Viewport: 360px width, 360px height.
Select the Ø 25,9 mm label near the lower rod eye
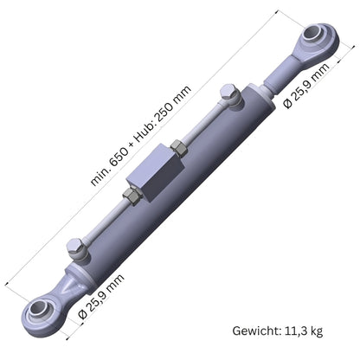tap(101, 296)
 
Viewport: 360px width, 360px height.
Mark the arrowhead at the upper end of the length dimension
tap(279, 11)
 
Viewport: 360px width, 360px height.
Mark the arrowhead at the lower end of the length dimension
tap(8, 279)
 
